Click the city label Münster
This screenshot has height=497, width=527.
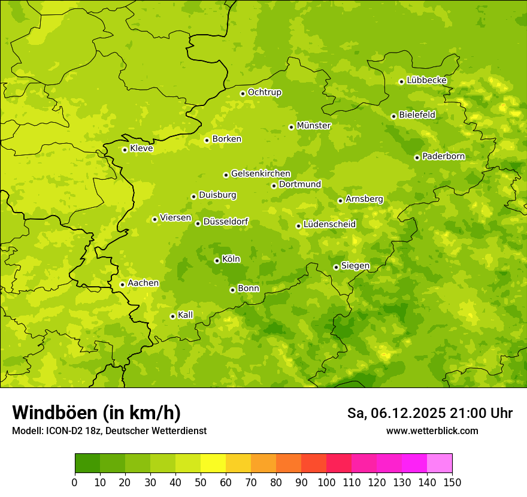click(x=314, y=126)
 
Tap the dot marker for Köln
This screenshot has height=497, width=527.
click(x=217, y=260)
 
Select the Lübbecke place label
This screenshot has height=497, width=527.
click(x=426, y=80)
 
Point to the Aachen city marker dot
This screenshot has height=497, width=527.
click(x=122, y=284)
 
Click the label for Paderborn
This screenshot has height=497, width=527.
click(x=443, y=156)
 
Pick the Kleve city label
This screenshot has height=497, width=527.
click(x=141, y=149)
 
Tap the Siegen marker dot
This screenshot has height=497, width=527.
click(x=336, y=267)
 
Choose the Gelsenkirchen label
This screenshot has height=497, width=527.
click(x=261, y=174)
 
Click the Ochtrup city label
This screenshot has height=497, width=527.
click(x=264, y=92)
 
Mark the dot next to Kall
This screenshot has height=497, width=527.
click(x=172, y=316)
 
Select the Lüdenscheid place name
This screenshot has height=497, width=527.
click(x=329, y=225)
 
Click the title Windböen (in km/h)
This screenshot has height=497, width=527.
click(x=96, y=413)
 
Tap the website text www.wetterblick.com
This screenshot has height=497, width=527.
click(x=432, y=431)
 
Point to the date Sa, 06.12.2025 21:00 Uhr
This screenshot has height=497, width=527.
click(x=429, y=413)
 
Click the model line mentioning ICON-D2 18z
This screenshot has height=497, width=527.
click(x=109, y=431)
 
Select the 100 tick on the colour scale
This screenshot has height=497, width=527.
click(x=326, y=482)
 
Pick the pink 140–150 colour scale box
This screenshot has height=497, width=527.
click(x=440, y=463)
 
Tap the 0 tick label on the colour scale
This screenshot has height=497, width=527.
click(x=75, y=482)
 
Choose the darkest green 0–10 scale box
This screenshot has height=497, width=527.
click(x=87, y=463)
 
